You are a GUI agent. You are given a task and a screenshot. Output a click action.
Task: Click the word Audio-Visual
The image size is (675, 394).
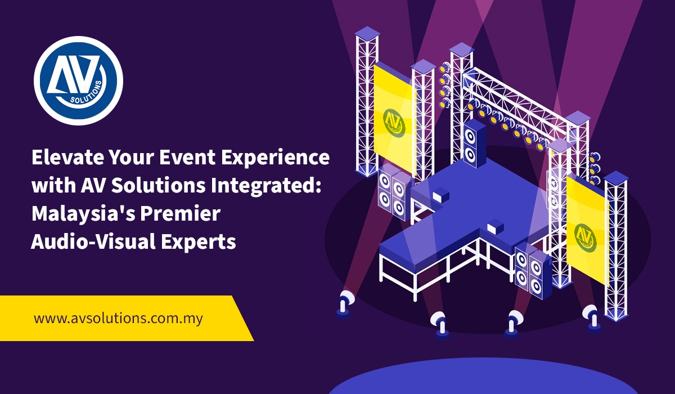pyautogui.click(x=90, y=241)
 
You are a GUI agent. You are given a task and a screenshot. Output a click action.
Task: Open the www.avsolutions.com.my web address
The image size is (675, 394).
pyautogui.click(x=118, y=318)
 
